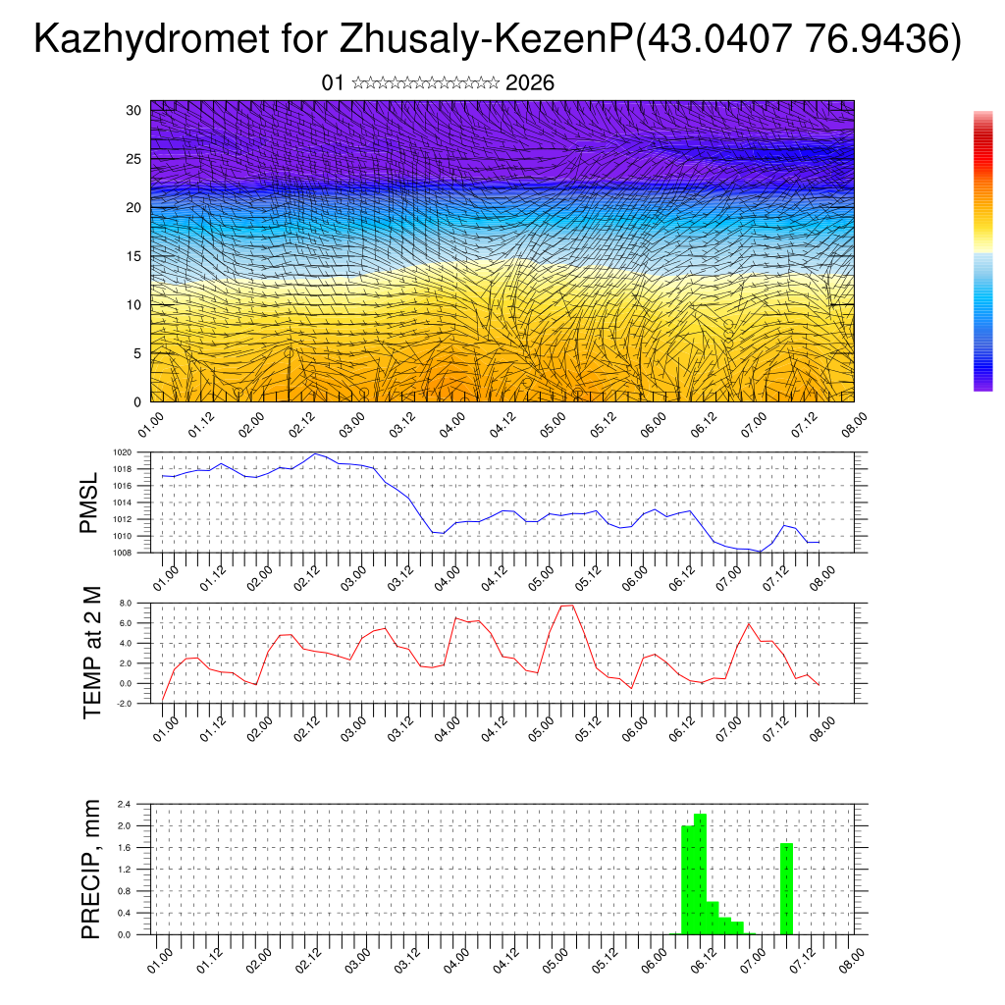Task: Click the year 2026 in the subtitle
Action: (x=530, y=83)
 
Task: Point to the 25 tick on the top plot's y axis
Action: (x=134, y=159)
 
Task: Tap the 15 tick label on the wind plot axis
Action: (x=134, y=256)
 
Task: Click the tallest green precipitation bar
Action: (x=701, y=873)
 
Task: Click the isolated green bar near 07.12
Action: (x=786, y=888)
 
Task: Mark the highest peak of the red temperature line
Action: (x=567, y=606)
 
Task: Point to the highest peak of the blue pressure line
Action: (x=315, y=454)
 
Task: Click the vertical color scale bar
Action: (x=982, y=251)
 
